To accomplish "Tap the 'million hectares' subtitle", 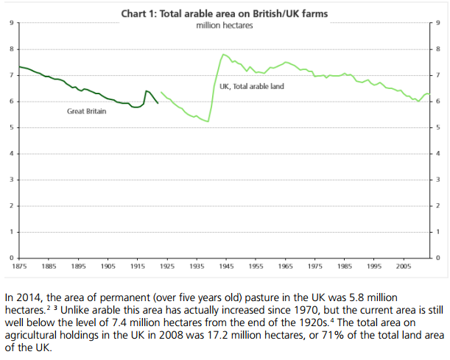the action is pos(225,26).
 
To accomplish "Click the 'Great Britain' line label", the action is pos(87,111).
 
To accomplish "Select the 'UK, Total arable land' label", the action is pos(252,86).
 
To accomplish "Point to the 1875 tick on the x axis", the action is pos(19,267).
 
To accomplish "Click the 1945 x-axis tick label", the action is pos(226,267).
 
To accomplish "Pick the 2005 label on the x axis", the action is pos(404,267).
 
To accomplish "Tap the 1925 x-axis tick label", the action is pos(167,267).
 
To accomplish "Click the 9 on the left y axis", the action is pos(12,23).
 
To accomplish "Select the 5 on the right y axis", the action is pos(438,127).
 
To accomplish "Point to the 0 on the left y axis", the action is pos(12,258).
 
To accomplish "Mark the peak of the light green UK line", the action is pos(223,54).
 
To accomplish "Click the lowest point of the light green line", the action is pos(208,121).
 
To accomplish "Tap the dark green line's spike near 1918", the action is pos(146,91).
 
